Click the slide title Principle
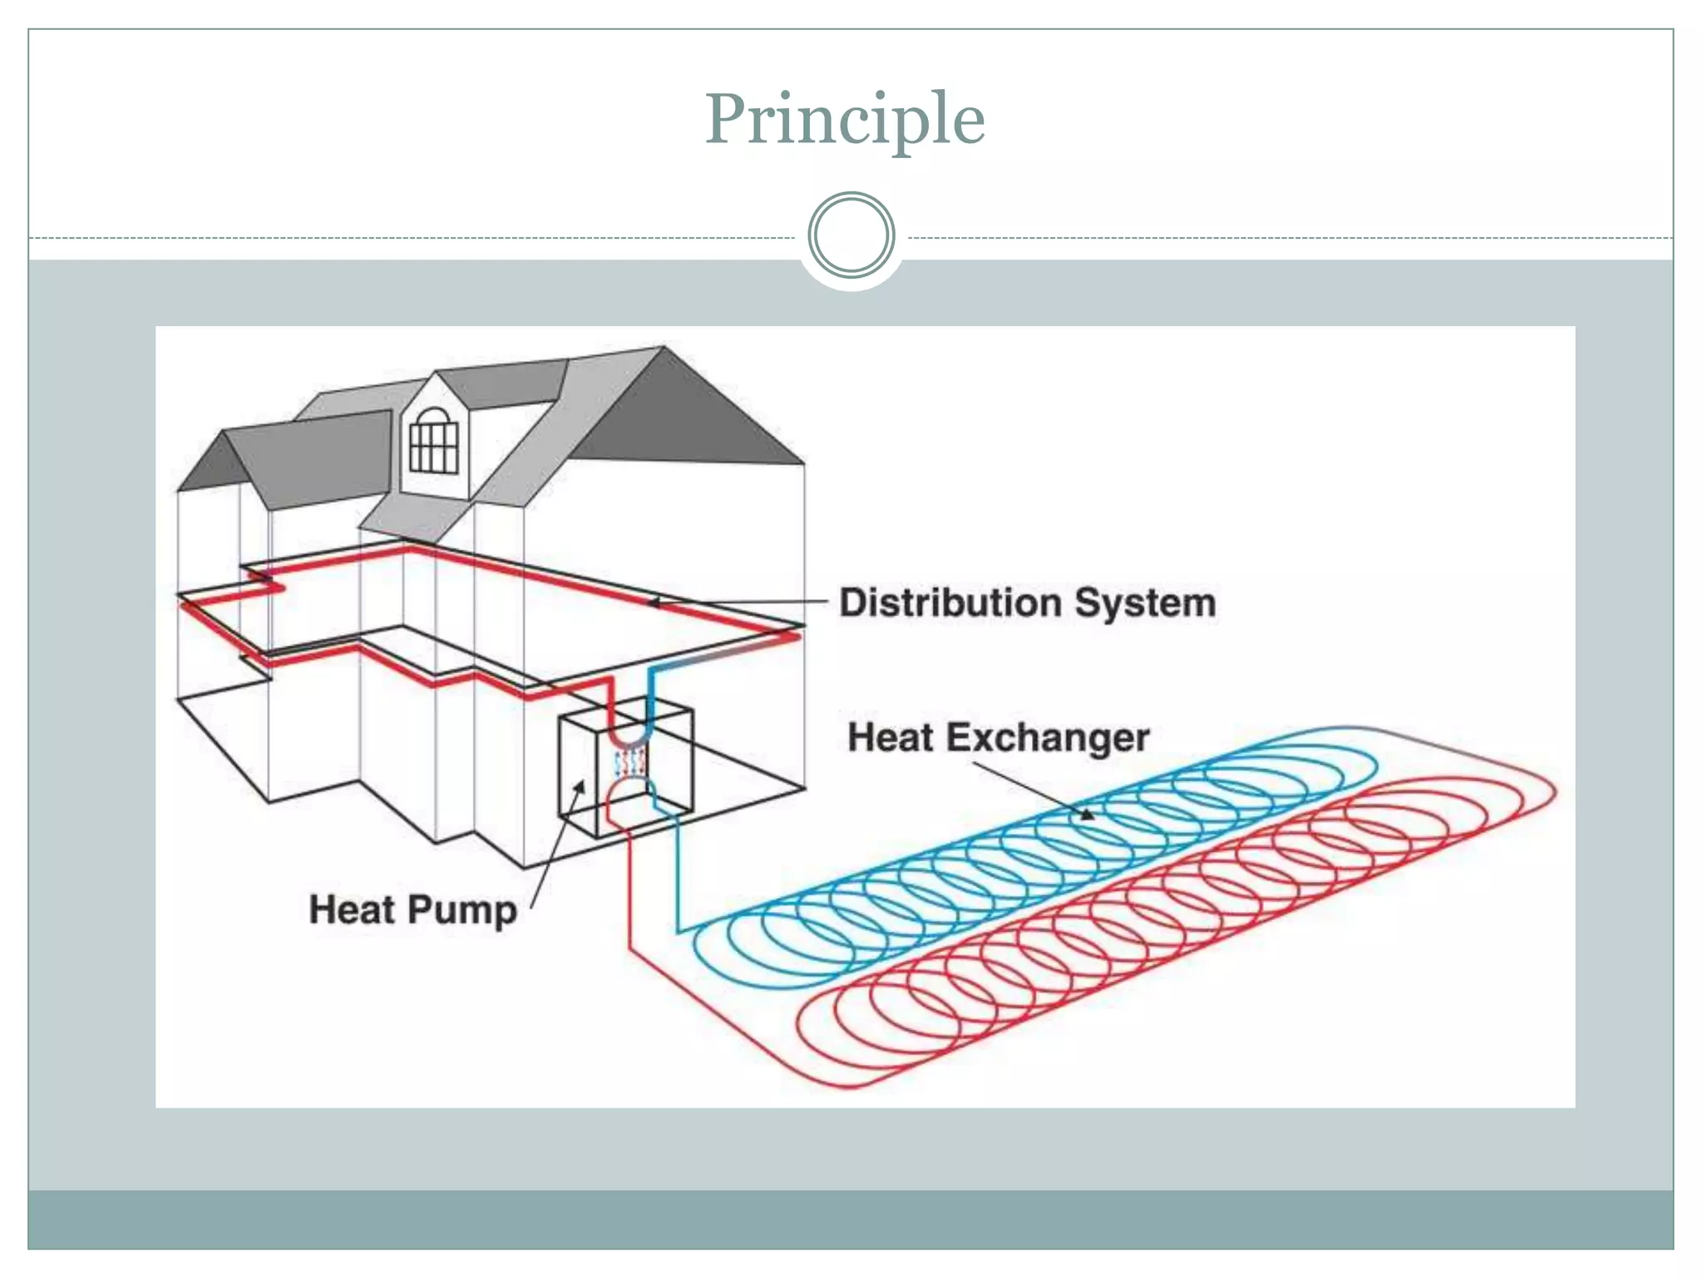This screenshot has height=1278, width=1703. [845, 119]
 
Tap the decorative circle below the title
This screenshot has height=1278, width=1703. [851, 235]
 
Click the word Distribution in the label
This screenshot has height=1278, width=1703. [950, 602]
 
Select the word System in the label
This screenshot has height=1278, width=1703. [1145, 602]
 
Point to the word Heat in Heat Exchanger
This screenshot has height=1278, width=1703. [890, 738]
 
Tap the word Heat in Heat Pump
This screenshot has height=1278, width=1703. [352, 909]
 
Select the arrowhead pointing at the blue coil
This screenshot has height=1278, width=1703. [1086, 815]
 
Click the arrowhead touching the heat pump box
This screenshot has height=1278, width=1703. [580, 786]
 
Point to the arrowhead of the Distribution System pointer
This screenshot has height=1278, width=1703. [654, 602]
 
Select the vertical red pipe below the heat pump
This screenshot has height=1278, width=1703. [629, 890]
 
